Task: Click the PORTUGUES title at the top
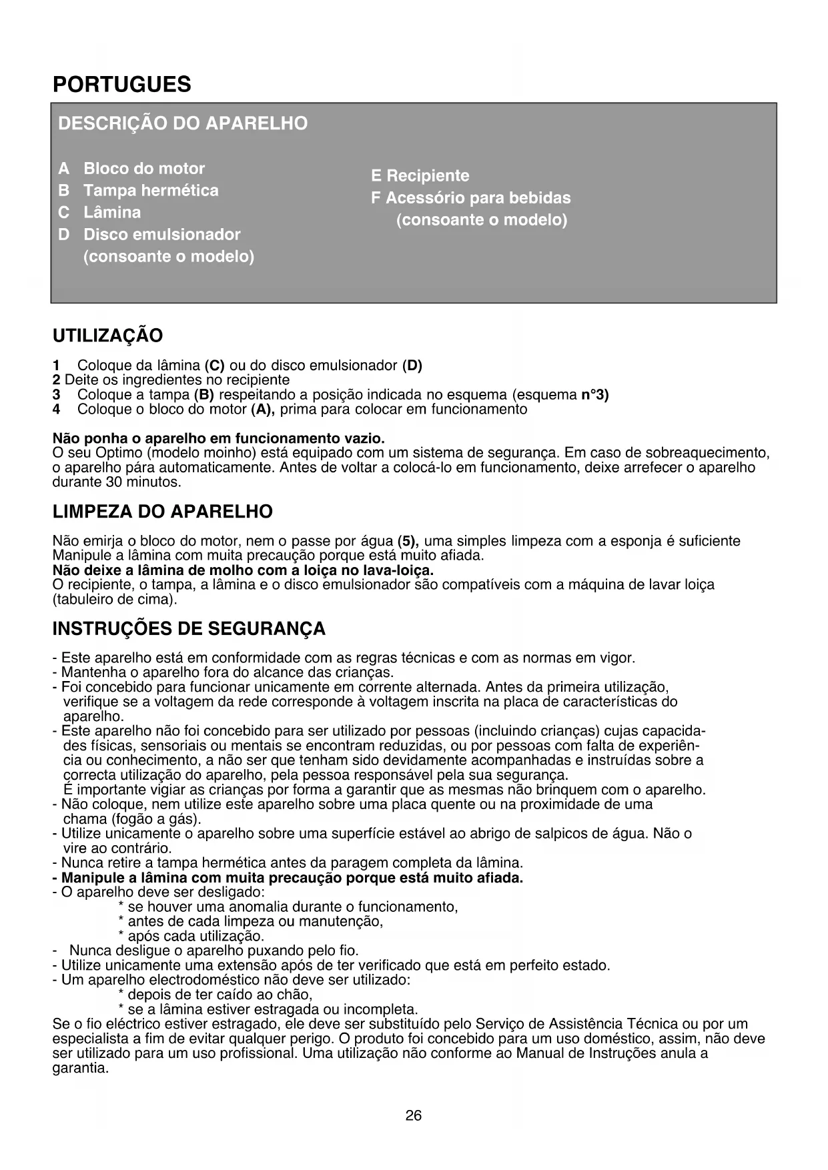(x=121, y=85)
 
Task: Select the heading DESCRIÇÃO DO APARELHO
(x=183, y=123)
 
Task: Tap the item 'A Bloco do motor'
(x=131, y=168)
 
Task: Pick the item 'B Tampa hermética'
(x=138, y=190)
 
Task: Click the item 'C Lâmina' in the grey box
(x=99, y=212)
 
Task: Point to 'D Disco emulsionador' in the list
(x=149, y=234)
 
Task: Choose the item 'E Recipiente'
(x=420, y=175)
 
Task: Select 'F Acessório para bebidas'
(x=470, y=197)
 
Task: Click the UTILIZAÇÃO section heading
(x=107, y=336)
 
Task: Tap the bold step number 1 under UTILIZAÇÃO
(x=56, y=366)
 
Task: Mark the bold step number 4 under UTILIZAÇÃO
(x=56, y=409)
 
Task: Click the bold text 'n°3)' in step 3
(x=595, y=394)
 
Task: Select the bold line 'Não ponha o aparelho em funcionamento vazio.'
(x=218, y=439)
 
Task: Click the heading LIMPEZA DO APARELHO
(x=163, y=512)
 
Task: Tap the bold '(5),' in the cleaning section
(x=408, y=541)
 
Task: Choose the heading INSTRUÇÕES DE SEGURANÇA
(x=189, y=629)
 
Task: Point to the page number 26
(x=414, y=1115)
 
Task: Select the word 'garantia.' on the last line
(x=80, y=1068)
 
